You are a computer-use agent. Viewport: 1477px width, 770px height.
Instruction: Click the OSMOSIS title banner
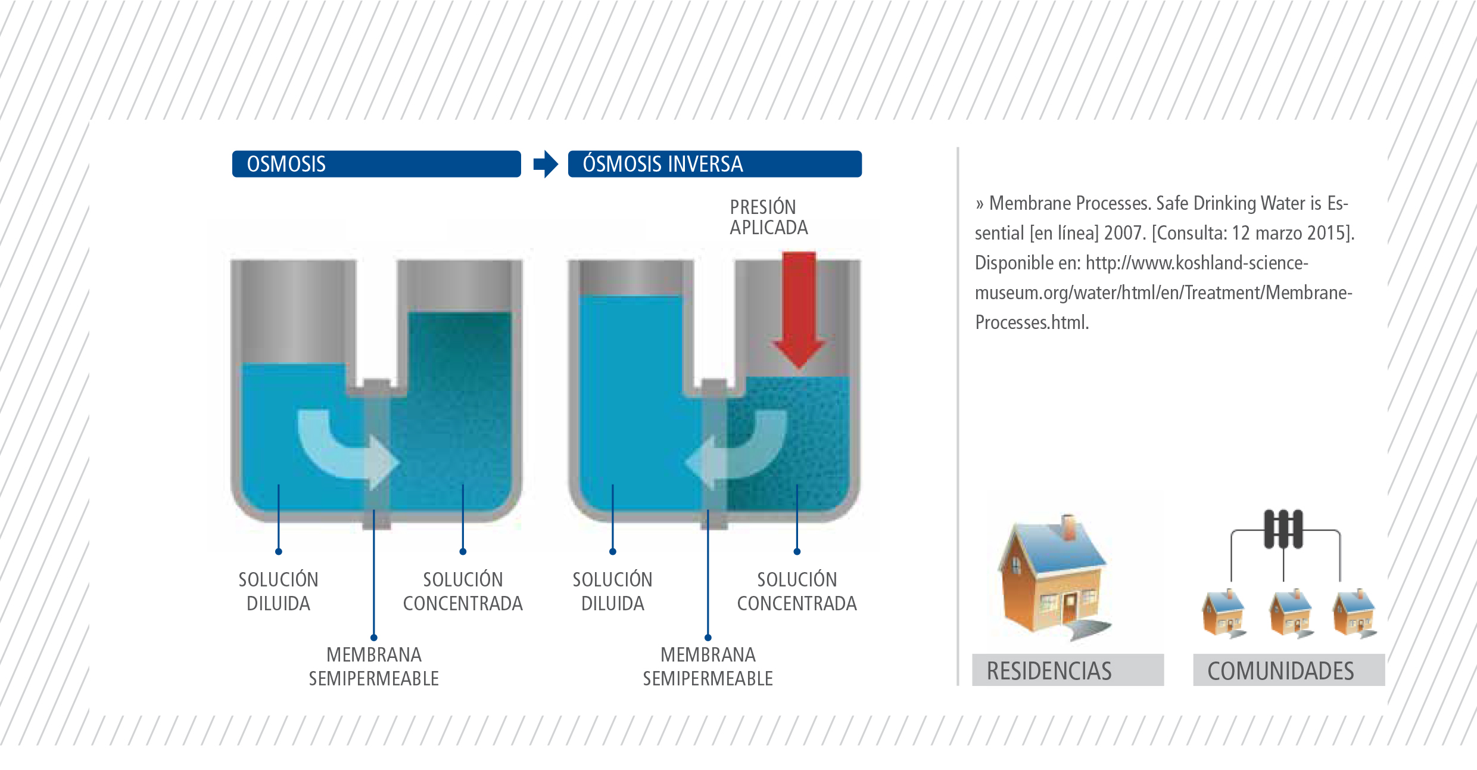[376, 164]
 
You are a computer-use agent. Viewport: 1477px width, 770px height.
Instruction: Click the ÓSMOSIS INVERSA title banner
[715, 164]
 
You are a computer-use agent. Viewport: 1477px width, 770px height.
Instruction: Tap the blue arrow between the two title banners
[546, 164]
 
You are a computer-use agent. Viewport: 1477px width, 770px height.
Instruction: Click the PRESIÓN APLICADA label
[769, 218]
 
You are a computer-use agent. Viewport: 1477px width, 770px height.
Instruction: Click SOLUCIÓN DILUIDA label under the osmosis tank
[278, 591]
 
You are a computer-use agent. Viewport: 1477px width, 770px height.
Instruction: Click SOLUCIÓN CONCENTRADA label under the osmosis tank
[463, 591]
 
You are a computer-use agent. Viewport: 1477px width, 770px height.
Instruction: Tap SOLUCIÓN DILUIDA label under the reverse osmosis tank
[612, 591]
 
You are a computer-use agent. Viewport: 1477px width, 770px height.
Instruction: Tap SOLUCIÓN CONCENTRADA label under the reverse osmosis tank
[797, 591]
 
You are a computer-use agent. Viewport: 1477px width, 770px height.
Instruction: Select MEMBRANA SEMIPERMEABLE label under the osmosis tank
[373, 666]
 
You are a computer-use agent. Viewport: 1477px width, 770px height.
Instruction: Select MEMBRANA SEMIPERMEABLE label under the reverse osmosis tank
[708, 666]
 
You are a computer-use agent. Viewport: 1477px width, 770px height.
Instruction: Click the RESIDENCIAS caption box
[1068, 670]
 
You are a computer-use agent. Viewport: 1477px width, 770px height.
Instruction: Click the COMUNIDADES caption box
[1289, 670]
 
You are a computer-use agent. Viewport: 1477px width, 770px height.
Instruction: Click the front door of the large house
[1070, 607]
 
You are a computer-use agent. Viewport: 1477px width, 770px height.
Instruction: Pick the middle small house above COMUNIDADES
[1291, 613]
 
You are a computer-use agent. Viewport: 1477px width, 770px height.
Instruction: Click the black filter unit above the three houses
[1283, 529]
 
